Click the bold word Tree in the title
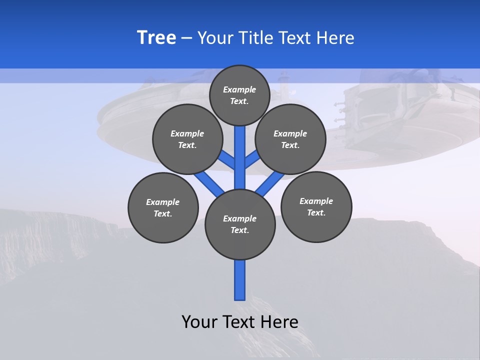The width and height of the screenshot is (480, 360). point(156,37)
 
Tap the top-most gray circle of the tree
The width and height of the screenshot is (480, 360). point(239,95)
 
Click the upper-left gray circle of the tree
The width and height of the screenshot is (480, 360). point(187,139)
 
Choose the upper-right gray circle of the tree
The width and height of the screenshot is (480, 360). point(290,139)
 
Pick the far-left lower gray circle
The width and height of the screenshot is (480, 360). point(163,207)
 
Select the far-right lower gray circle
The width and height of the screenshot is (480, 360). point(316,206)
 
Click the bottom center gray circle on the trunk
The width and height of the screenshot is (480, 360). point(240,224)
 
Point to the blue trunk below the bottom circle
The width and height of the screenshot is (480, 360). point(240,280)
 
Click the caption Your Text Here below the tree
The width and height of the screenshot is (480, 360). point(240,321)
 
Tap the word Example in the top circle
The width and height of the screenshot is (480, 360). point(239,89)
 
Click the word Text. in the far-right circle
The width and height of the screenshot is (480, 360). point(316,212)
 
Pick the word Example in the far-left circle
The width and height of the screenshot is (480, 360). point(163,202)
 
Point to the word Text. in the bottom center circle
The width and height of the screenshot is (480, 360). point(240,230)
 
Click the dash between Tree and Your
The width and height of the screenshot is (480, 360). point(187,38)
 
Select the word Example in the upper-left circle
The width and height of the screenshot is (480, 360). point(187,133)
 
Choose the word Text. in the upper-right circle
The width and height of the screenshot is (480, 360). point(290,145)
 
